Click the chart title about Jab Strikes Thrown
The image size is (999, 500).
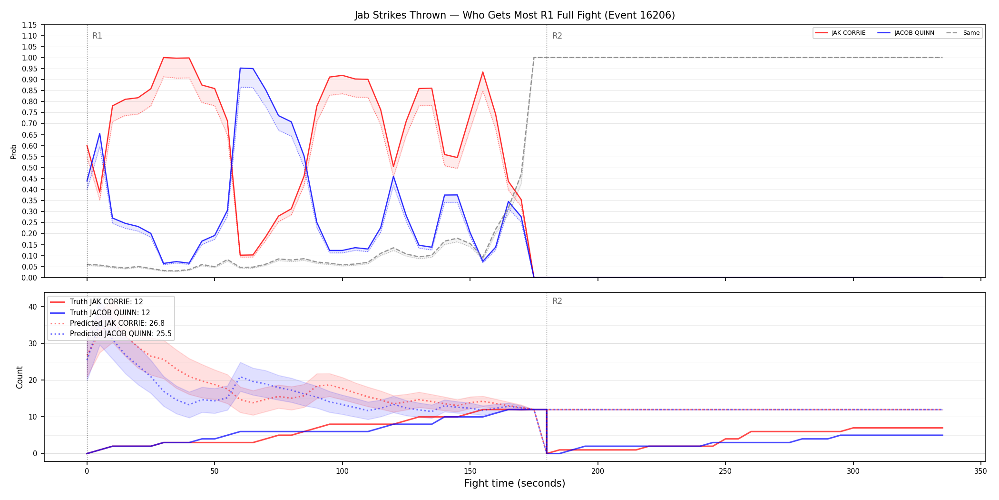(x=515, y=15)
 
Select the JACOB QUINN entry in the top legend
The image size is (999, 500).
(x=906, y=33)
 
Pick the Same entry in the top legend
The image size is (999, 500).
(x=963, y=33)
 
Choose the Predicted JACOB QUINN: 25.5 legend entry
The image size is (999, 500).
(x=111, y=334)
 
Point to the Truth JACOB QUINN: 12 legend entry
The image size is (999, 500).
(x=100, y=313)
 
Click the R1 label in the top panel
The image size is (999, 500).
(x=97, y=36)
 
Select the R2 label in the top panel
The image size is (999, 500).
(x=557, y=36)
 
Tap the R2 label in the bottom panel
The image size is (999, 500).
(x=557, y=301)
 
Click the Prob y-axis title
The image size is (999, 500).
(x=13, y=151)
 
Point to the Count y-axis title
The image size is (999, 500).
(x=20, y=377)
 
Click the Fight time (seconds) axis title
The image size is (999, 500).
(x=515, y=483)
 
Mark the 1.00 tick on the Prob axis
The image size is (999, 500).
(x=29, y=58)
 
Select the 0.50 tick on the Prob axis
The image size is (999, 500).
(x=29, y=168)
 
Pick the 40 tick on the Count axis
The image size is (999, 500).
(x=32, y=307)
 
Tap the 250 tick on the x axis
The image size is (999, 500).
(x=725, y=471)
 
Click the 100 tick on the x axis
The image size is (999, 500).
(x=342, y=471)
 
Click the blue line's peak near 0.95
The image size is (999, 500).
(x=240, y=68)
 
